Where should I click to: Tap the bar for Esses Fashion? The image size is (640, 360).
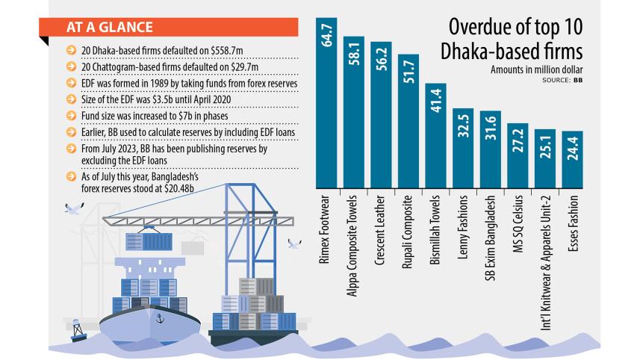coord(572,161)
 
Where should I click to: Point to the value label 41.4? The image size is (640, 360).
coord(435,101)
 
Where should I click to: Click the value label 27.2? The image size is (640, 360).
coord(518,140)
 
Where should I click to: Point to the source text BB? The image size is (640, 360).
coord(578,78)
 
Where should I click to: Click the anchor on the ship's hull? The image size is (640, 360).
coord(158,319)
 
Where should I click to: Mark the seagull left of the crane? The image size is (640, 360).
coord(73,209)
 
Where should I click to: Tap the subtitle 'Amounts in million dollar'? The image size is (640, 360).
coord(536,69)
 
